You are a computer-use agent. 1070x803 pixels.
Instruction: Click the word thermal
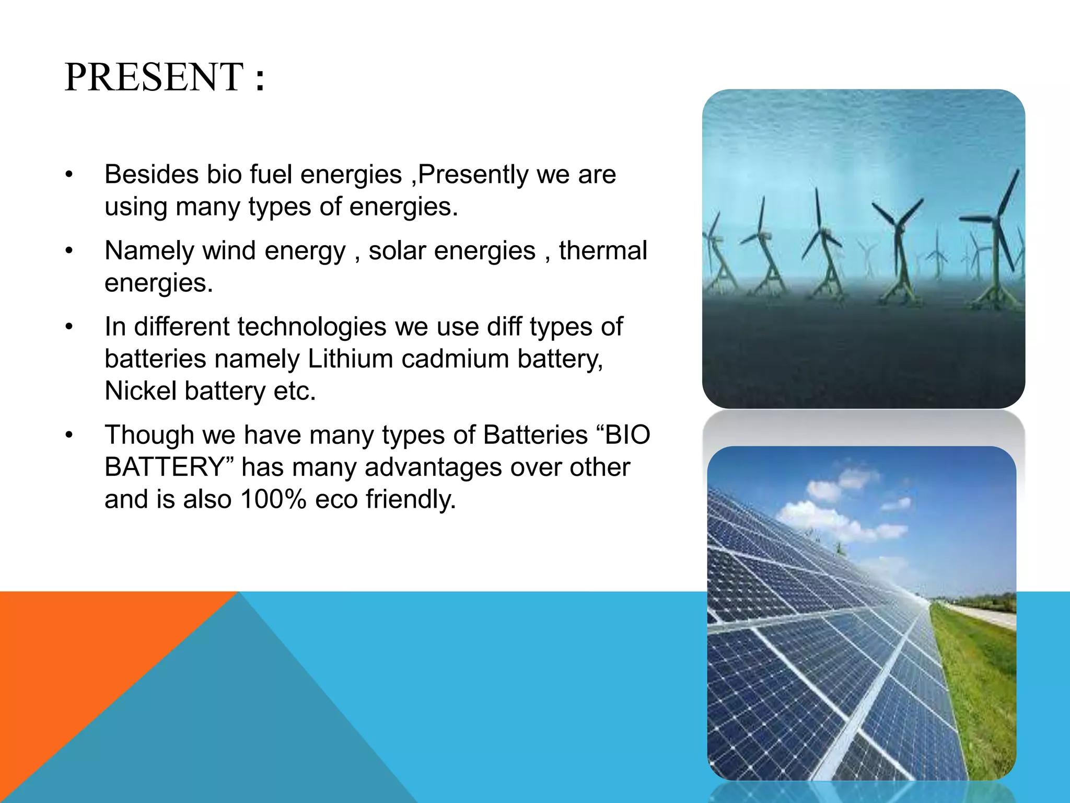[603, 250]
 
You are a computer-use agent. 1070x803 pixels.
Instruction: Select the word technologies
[312, 327]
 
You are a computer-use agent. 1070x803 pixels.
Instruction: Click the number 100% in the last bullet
[273, 499]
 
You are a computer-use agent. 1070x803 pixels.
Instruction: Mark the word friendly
[411, 499]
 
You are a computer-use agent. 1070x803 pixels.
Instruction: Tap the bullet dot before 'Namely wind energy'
[69, 251]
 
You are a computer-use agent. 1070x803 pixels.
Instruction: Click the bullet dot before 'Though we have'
[69, 435]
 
